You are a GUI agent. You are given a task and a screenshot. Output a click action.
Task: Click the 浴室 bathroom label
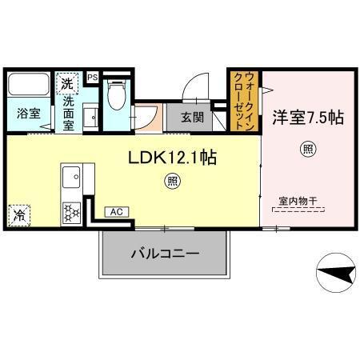tap(27, 114)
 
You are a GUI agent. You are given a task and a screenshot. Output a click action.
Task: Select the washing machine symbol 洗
tap(66, 82)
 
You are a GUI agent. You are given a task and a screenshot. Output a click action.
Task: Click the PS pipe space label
tap(93, 77)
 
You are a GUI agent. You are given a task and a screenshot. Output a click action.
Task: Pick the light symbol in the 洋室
tap(306, 147)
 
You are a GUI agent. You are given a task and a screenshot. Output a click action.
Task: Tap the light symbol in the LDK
tap(172, 182)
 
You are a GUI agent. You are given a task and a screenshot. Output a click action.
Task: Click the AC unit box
tap(116, 212)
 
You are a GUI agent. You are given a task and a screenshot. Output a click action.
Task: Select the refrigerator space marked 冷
tap(18, 215)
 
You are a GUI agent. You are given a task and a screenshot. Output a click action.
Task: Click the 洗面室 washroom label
tap(70, 109)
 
